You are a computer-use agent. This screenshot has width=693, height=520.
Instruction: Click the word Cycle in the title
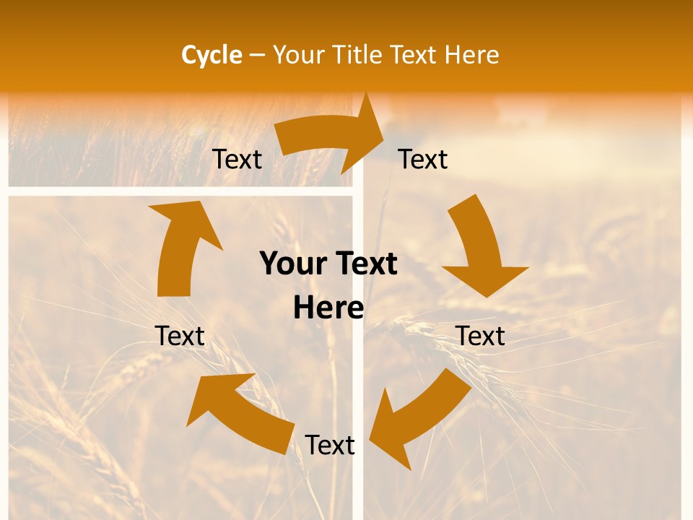(x=212, y=55)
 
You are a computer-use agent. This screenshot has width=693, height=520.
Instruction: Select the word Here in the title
(x=472, y=55)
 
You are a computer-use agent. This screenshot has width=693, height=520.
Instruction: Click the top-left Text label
(x=237, y=159)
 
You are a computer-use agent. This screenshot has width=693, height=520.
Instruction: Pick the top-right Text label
(x=423, y=159)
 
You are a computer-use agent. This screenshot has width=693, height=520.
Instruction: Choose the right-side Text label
(x=480, y=336)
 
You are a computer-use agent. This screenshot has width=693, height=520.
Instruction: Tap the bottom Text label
(x=330, y=445)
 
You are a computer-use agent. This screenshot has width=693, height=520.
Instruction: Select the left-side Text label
(x=180, y=336)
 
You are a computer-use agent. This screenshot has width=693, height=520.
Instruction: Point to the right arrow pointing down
(x=481, y=246)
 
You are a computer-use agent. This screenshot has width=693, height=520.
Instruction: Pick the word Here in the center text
(x=328, y=308)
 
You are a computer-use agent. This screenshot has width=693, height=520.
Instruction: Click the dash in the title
(x=257, y=55)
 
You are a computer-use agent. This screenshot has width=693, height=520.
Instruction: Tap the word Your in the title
(x=299, y=55)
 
